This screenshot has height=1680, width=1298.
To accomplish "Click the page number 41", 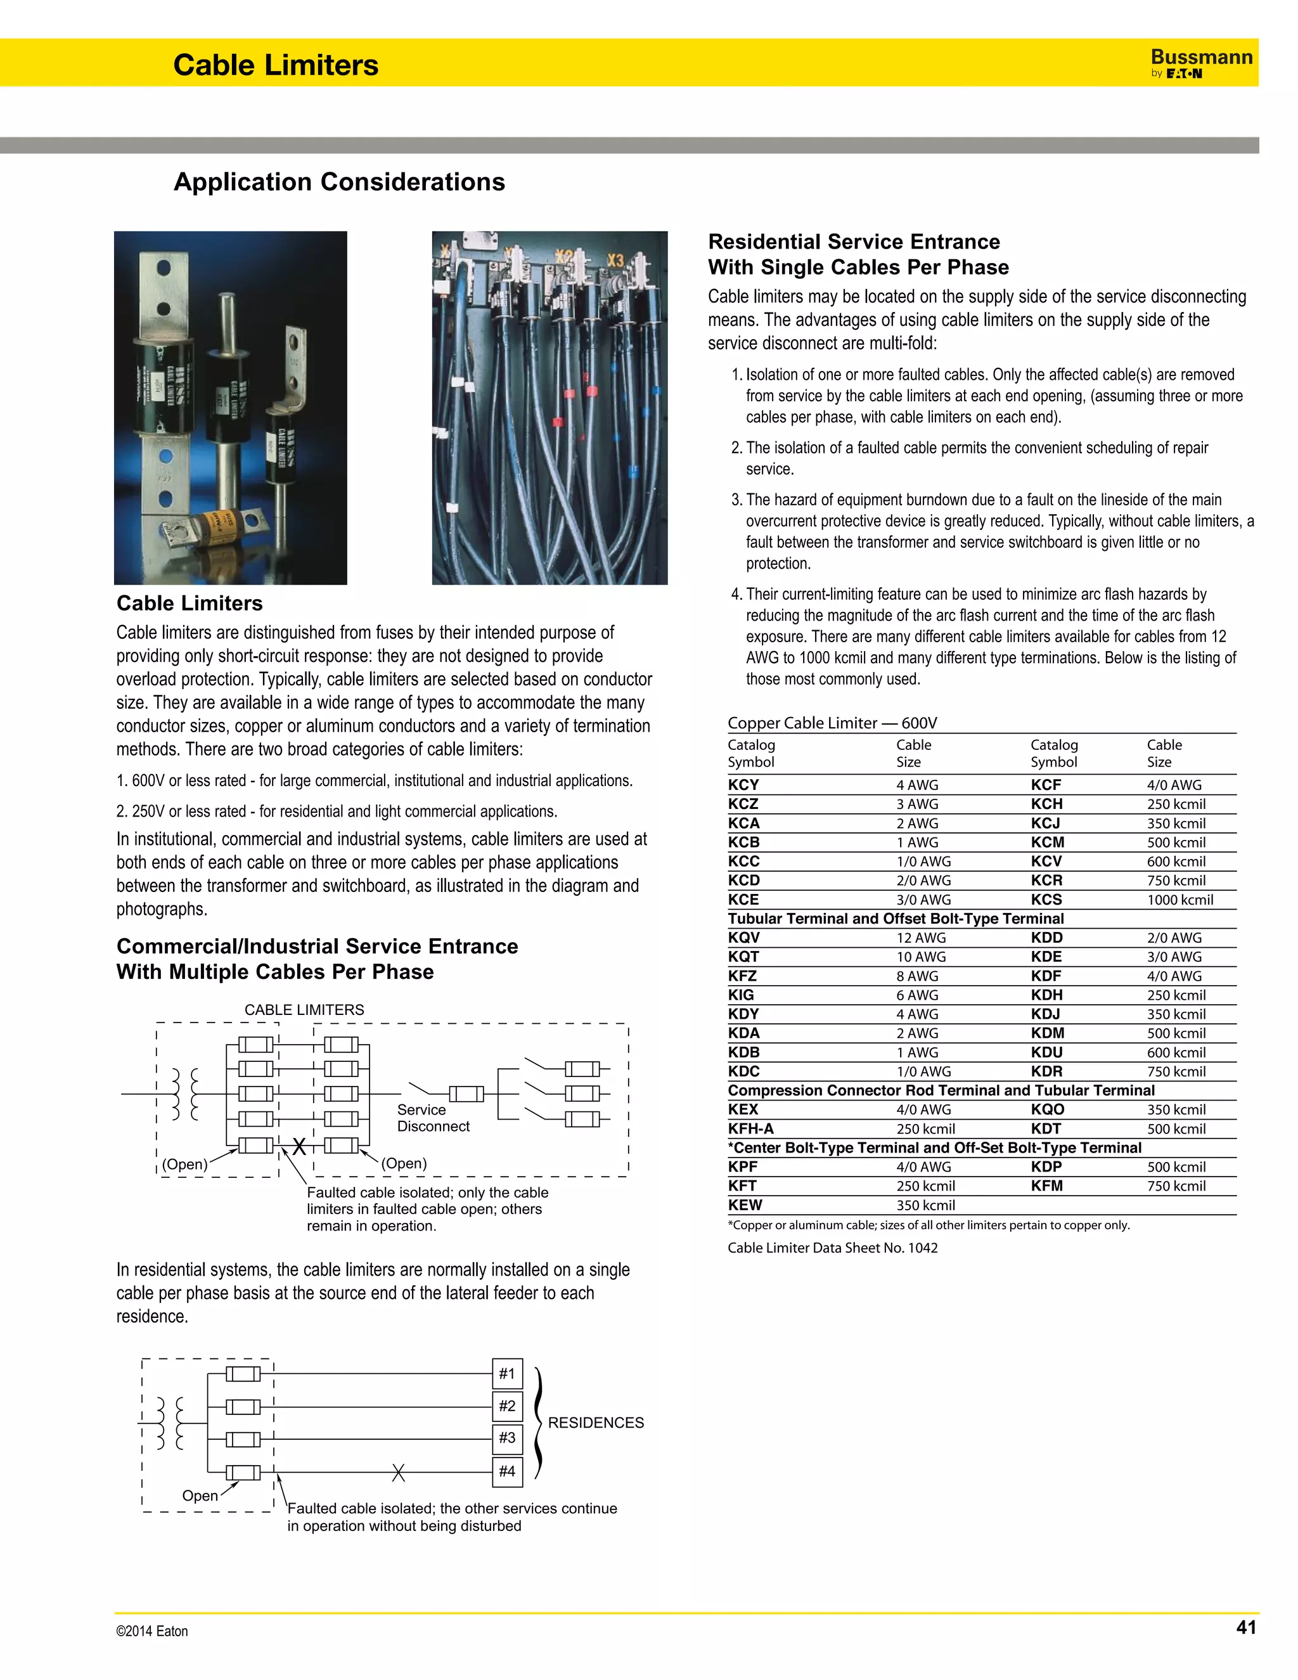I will (1245, 1627).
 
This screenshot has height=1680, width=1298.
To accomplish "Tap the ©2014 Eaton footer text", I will (151, 1631).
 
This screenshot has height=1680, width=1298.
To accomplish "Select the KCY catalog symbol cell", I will (743, 785).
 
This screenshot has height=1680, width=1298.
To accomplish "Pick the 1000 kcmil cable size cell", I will (1179, 899).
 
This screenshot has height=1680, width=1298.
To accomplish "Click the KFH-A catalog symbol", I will (750, 1128).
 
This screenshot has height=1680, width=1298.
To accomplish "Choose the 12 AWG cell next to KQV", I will (920, 938).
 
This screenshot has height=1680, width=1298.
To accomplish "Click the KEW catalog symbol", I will (745, 1205).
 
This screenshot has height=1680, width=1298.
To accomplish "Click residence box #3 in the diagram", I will (507, 1438).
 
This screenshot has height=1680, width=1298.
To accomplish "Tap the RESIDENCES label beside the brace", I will (595, 1423).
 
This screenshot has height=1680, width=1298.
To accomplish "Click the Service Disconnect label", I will (432, 1118).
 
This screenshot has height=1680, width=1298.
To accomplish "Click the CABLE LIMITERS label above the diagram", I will (304, 1009).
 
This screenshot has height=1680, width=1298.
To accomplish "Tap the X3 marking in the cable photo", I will (615, 260).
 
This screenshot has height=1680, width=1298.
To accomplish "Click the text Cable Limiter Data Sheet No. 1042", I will (832, 1248).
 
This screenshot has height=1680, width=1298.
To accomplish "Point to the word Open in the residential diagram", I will (200, 1496).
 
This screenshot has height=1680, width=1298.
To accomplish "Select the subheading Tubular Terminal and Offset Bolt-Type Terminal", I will (895, 919).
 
